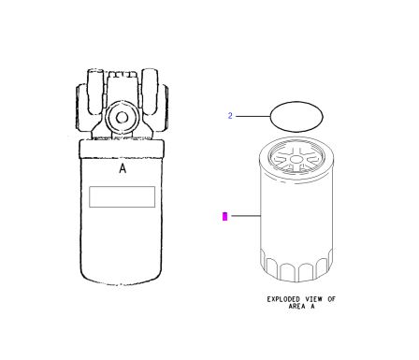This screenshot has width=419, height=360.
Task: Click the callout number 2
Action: coord(230,116)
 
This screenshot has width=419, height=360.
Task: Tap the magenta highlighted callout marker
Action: coord(224,216)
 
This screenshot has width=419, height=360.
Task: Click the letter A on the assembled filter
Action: coord(123,168)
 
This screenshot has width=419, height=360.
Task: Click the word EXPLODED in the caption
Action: coord(283,299)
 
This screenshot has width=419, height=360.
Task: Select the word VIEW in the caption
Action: coord(313,299)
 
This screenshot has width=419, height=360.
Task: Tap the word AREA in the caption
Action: coord(296,306)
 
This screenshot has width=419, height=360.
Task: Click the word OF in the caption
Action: coord(331,299)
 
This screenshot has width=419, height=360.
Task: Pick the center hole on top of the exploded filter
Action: coord(296,160)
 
